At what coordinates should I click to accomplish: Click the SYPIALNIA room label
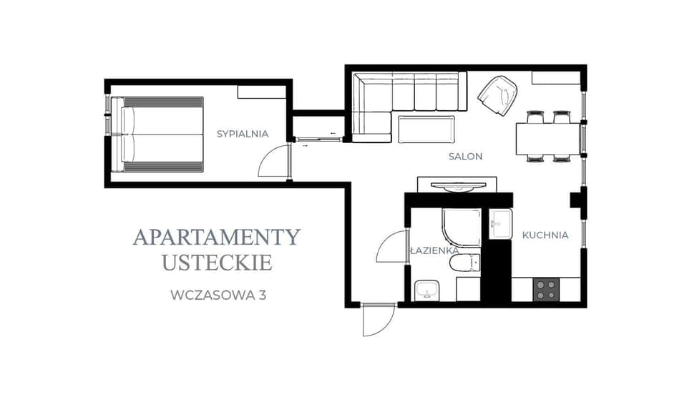coord(243,133)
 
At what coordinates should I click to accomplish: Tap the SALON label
coord(465,156)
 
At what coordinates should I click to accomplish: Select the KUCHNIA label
coord(545,235)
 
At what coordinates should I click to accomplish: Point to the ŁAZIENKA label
coord(434,251)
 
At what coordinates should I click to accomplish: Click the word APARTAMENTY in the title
coord(216,237)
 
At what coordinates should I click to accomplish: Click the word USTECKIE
coord(217,263)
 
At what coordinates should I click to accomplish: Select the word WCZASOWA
coord(213,294)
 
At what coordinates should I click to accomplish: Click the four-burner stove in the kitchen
coord(547,289)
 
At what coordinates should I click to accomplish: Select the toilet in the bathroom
coord(464,263)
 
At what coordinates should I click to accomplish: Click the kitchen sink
coord(500,224)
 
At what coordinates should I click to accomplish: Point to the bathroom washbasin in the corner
coord(428,291)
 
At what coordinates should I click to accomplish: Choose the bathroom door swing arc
coord(391,248)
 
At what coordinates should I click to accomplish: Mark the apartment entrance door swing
coord(377,320)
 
